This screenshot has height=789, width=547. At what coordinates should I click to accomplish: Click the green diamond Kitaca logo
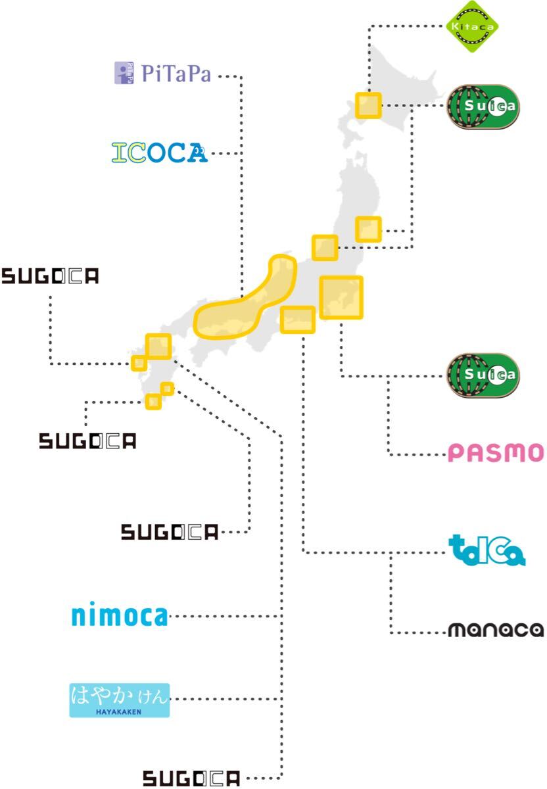[x=472, y=27]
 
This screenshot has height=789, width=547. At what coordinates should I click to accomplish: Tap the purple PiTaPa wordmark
[x=176, y=74]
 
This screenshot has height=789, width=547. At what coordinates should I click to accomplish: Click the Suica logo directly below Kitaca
[x=483, y=106]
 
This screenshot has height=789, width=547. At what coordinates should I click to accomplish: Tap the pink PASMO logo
[x=496, y=453]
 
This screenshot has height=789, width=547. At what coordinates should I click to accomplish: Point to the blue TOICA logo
[x=487, y=551]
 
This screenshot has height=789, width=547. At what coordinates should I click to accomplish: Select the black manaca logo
[x=496, y=631]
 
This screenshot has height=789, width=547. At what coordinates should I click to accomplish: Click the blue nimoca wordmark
[x=119, y=616]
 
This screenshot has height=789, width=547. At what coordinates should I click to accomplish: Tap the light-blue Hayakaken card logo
[x=120, y=700]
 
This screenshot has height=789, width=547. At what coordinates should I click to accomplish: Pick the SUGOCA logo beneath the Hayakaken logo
[x=192, y=779]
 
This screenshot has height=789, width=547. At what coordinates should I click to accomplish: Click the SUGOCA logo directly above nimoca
[x=169, y=532]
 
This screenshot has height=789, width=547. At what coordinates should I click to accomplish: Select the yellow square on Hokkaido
[x=368, y=105]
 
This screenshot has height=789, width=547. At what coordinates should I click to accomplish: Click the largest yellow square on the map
[x=341, y=298]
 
